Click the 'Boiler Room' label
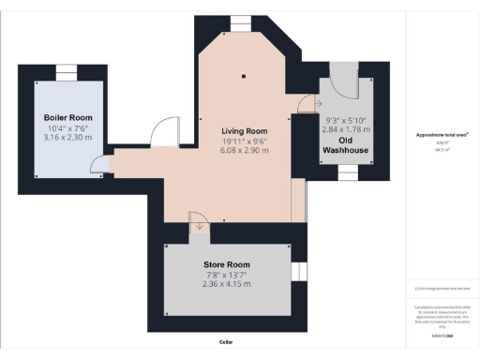point(67,117)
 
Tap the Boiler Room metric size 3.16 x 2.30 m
point(67,137)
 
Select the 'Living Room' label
point(244,131)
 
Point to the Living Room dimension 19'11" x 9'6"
point(244,141)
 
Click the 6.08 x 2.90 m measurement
point(244,151)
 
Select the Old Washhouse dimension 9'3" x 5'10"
point(346,120)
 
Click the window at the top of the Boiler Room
point(67,72)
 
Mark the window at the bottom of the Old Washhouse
point(346,171)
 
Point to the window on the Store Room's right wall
point(299,271)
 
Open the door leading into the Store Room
point(199,222)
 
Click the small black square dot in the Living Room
point(244,76)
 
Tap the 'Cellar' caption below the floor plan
point(225,342)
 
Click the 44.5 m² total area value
point(436,148)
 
